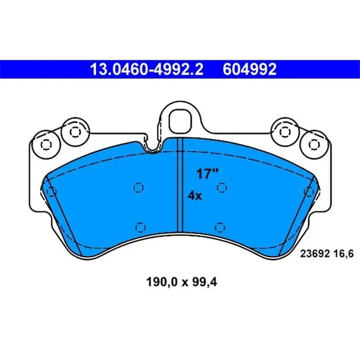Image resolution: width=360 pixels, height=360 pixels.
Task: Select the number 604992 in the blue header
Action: click(249, 69)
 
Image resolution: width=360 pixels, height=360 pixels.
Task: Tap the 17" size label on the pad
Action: click(204, 174)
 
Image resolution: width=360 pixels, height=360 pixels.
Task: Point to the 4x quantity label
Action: click(195, 195)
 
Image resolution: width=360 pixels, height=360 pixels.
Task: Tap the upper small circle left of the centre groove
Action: click(137, 188)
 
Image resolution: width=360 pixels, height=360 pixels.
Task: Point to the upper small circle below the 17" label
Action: click(222, 188)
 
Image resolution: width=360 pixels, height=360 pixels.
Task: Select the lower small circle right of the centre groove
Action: click(220, 226)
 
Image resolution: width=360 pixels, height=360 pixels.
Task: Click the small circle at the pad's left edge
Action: click(50, 192)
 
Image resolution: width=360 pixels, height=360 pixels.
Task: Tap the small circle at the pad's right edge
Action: click(309, 192)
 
